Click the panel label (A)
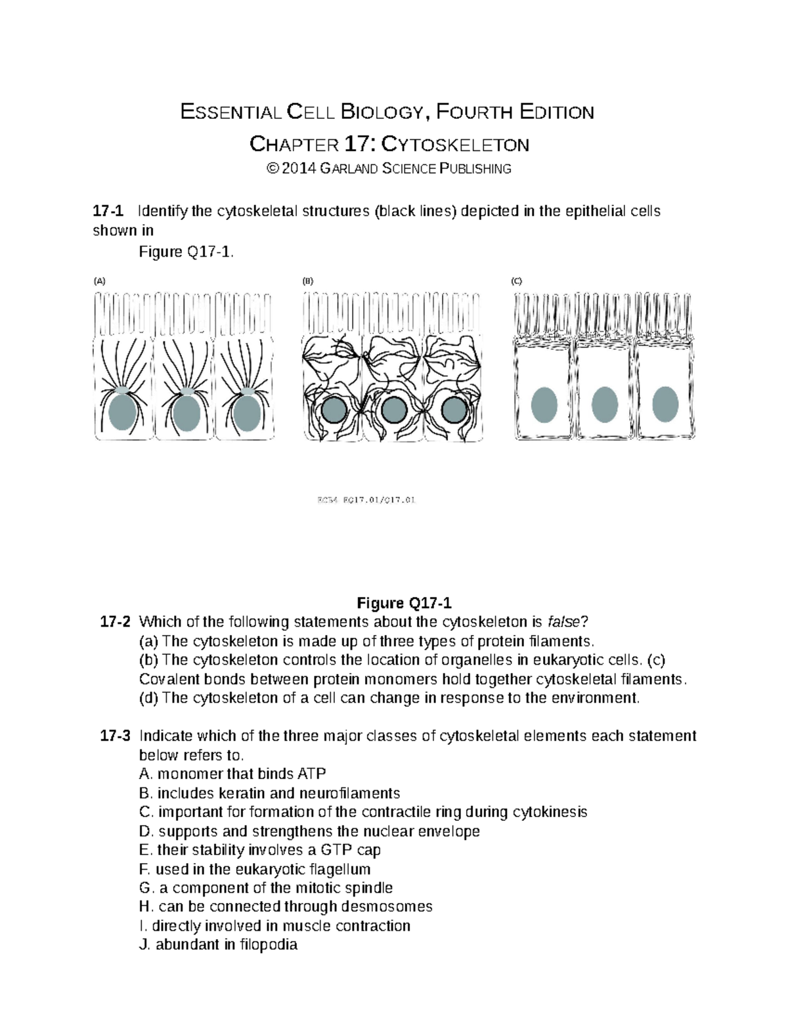[99, 280]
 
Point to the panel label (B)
[307, 280]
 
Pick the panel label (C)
[516, 280]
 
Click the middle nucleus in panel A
[186, 412]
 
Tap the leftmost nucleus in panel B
[333, 411]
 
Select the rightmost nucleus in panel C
[665, 404]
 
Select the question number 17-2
[115, 621]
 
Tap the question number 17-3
[115, 736]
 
